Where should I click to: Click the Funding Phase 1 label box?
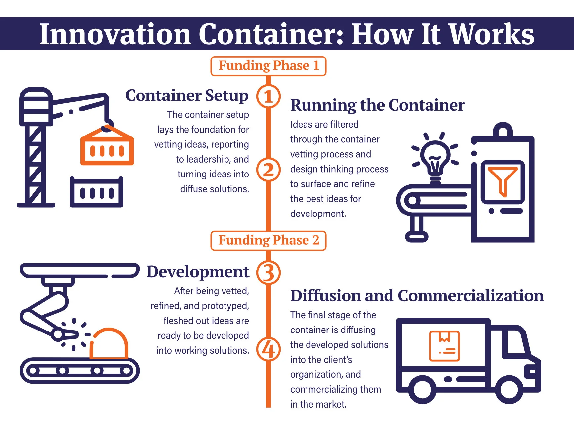(268, 66)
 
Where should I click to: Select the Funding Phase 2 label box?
(268, 240)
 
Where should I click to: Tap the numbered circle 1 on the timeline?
(268, 97)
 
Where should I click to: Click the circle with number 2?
(268, 170)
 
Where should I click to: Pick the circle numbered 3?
(268, 273)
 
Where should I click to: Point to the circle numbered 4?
(268, 349)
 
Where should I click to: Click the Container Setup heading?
(186, 96)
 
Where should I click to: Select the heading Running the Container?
(377, 105)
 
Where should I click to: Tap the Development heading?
(198, 272)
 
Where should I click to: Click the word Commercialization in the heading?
(471, 296)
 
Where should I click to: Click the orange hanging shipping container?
(107, 148)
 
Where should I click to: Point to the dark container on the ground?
(96, 192)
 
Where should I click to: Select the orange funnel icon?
(502, 180)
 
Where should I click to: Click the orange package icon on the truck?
(444, 346)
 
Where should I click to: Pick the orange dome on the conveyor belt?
(109, 344)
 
